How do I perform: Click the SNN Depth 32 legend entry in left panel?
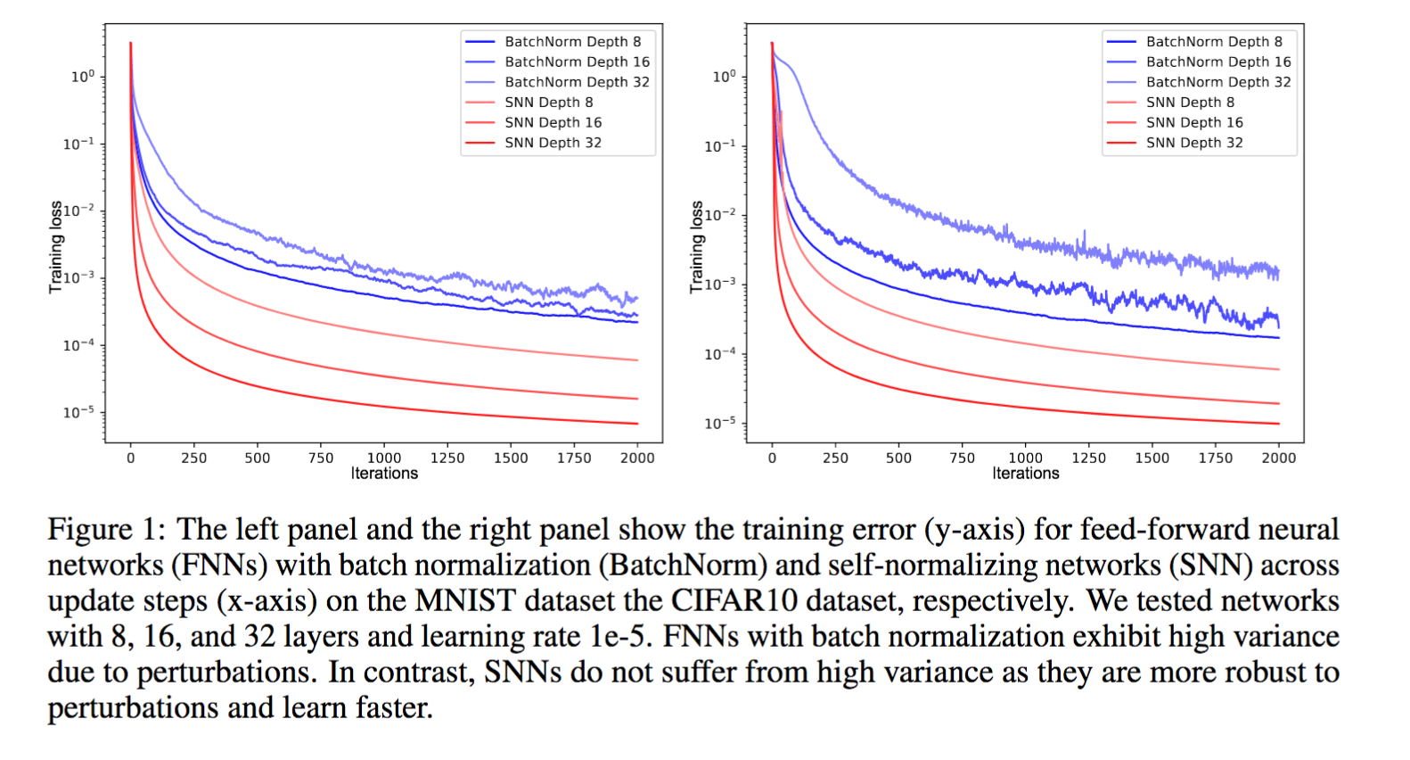[553, 143]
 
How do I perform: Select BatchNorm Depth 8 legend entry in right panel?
[1214, 42]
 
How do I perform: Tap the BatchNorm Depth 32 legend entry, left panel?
[577, 82]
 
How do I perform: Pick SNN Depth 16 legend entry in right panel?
[1194, 122]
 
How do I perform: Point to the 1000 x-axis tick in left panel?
[384, 458]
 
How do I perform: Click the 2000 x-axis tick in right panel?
[1278, 458]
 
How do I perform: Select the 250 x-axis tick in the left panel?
[193, 458]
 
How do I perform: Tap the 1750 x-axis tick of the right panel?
[1215, 458]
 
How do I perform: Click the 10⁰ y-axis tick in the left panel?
[82, 77]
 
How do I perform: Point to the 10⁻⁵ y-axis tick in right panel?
[719, 422]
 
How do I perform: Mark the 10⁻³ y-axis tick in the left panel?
[78, 277]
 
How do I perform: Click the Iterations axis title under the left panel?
[384, 474]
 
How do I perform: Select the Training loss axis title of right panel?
[697, 247]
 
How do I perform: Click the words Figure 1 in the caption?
[105, 530]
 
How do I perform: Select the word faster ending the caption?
[393, 708]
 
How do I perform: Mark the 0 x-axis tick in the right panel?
[772, 458]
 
